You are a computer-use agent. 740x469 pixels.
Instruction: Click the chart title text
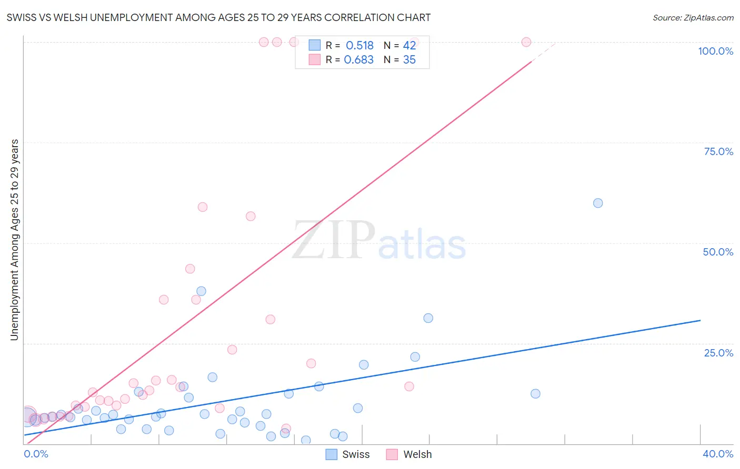point(218,17)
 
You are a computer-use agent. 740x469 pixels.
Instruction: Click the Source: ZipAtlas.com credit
point(693,17)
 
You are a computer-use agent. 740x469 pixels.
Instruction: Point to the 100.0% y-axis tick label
point(715,51)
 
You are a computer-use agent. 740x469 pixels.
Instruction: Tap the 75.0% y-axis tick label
point(718,151)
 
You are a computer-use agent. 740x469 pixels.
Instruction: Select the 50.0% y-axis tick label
point(718,252)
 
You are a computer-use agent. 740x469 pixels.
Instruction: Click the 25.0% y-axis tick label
point(718,352)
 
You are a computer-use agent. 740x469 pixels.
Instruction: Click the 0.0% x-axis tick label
point(36,454)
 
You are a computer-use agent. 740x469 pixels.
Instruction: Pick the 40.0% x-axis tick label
point(717,454)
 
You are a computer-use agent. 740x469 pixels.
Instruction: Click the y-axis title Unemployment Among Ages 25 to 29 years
point(14,239)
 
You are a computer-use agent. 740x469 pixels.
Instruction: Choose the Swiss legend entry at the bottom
point(348,454)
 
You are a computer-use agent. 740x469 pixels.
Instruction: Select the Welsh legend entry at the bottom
point(409,454)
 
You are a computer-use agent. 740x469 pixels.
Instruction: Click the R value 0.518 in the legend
point(359,46)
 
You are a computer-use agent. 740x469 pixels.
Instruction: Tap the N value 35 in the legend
point(409,60)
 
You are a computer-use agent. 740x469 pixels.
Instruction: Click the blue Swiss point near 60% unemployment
point(598,203)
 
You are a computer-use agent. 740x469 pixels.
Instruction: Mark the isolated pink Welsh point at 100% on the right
point(526,42)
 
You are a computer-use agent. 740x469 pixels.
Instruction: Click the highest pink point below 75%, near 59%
point(203,207)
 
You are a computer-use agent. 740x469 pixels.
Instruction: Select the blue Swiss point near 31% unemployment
point(428,318)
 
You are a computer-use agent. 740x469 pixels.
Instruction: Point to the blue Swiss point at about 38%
point(201,291)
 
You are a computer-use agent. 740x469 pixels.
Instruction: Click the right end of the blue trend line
point(700,320)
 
